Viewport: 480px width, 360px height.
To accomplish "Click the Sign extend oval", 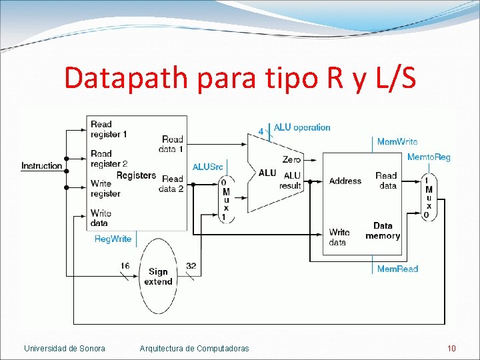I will coord(158,277).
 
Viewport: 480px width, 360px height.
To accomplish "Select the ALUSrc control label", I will coord(207,167).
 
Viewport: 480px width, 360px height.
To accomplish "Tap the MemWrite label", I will coord(397,141).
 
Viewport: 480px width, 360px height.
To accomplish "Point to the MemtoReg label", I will coord(429,157).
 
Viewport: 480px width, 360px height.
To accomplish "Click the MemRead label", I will coord(397,269).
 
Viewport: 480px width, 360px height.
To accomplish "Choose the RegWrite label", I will coord(113,239).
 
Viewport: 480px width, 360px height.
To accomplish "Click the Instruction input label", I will coord(42,165).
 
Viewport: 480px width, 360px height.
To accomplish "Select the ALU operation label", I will coord(301,127).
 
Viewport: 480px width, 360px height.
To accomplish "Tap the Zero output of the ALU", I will coord(291,159).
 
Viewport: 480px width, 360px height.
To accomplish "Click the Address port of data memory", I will coord(345,181).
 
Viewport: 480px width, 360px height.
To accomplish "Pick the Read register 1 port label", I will coord(108,129).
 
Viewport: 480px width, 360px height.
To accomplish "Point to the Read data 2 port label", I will coord(172,183).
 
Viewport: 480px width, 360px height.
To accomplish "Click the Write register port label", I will coord(105,188).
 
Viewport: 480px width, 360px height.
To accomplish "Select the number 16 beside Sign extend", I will coord(125,266).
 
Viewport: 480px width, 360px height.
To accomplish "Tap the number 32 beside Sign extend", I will coord(191,266).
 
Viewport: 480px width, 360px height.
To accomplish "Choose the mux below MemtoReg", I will coord(428,197).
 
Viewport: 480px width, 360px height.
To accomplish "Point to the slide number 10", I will coord(451,348).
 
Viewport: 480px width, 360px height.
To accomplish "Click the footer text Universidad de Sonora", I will coord(64,348).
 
